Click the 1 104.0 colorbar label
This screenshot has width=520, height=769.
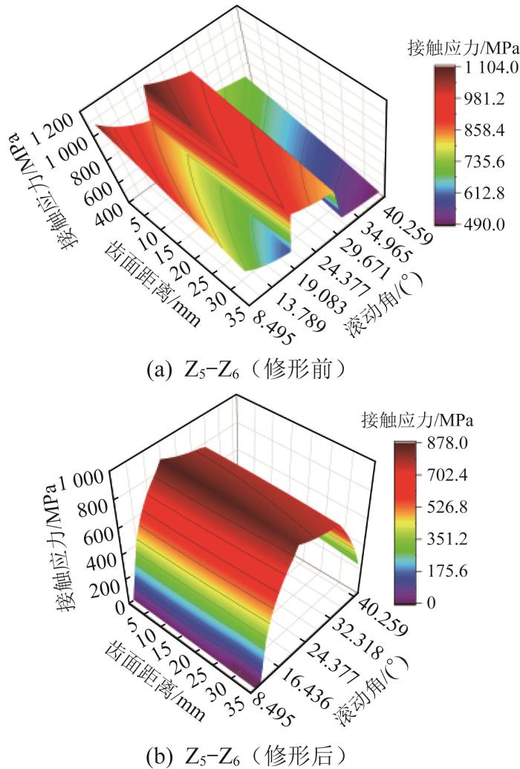coord(479,68)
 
